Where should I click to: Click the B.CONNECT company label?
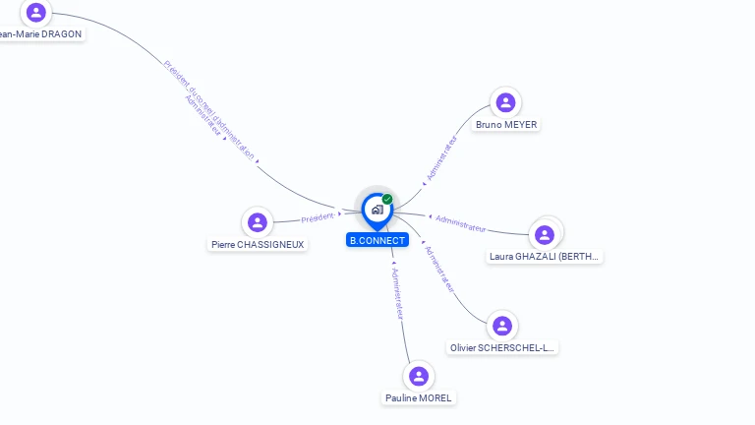click(377, 240)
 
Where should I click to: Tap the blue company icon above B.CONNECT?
click(377, 209)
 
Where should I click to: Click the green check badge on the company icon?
click(387, 200)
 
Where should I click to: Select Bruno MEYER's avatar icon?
click(505, 102)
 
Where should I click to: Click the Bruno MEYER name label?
click(506, 125)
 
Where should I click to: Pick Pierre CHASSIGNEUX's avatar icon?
click(258, 222)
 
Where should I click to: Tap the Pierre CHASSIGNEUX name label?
click(258, 244)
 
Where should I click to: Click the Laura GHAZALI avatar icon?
click(545, 235)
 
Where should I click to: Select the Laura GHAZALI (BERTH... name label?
click(545, 257)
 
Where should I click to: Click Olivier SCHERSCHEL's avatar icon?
click(502, 326)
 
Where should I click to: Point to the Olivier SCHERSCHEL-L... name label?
click(502, 347)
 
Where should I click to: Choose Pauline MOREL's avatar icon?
click(420, 377)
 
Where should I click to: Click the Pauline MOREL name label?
click(419, 398)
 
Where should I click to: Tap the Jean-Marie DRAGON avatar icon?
click(36, 13)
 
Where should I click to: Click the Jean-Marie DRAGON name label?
click(40, 33)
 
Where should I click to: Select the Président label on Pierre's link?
click(319, 217)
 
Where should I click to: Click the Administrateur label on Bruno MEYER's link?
click(441, 157)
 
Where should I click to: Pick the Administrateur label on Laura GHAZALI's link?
click(460, 223)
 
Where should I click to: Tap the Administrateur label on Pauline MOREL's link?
click(397, 292)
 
